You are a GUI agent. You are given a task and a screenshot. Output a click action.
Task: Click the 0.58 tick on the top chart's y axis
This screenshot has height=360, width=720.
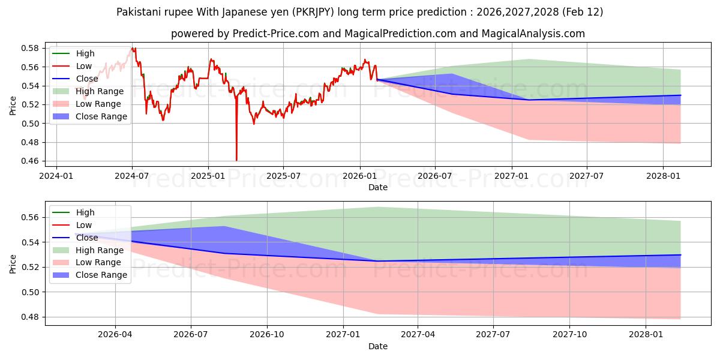[x=30, y=48]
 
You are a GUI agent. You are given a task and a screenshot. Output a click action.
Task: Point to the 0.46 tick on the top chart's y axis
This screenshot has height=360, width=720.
[x=30, y=161]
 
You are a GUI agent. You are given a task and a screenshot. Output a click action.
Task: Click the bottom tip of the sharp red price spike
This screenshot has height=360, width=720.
[x=236, y=160]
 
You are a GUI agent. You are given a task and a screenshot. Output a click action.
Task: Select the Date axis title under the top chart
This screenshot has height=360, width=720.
[x=378, y=187]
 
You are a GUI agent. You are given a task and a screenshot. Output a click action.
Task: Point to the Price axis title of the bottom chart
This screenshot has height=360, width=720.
[x=13, y=263]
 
